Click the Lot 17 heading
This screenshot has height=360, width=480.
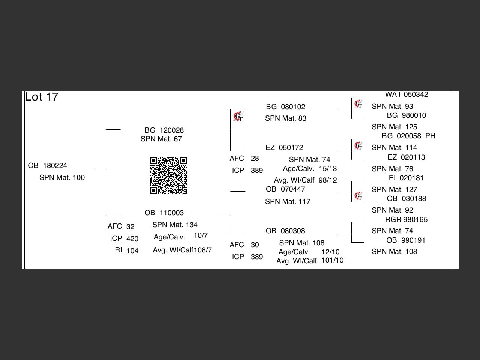42,97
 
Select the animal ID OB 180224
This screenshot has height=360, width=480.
48,166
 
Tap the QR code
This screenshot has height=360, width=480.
168,175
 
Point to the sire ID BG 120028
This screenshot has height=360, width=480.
164,130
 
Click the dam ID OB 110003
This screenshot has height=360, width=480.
164,213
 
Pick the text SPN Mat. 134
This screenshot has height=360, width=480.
175,225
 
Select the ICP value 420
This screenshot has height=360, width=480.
132,239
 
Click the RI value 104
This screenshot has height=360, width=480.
132,251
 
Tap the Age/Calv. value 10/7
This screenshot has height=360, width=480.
201,235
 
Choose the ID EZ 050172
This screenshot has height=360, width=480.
284,148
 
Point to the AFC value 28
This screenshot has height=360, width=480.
255,159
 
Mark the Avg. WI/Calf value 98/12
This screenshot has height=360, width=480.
328,180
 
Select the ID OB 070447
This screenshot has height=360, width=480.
285,189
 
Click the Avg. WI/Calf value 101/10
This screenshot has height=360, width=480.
332,260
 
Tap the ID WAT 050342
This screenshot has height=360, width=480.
406,94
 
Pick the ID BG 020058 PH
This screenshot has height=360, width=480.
408,136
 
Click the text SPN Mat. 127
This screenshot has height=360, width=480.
394,190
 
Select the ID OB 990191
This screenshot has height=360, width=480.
406,240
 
